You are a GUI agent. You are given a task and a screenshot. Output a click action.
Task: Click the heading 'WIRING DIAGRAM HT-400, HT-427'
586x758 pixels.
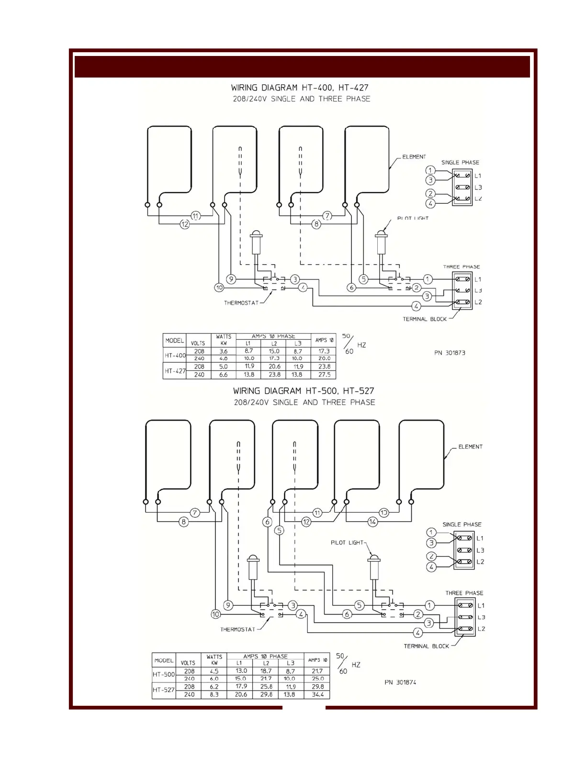click(x=300, y=88)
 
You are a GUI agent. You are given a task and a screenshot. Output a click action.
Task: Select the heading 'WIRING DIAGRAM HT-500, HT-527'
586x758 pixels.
click(x=304, y=391)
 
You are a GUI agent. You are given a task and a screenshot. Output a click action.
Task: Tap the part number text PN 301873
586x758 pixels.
click(x=450, y=353)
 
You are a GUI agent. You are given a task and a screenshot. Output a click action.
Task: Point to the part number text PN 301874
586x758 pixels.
click(x=400, y=682)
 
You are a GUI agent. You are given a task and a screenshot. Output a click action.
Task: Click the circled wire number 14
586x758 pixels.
click(x=372, y=522)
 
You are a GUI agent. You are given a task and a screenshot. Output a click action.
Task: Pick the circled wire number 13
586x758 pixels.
click(x=384, y=513)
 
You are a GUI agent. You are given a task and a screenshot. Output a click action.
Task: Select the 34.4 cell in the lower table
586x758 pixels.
click(x=317, y=694)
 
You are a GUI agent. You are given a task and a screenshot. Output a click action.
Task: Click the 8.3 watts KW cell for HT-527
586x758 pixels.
click(x=214, y=694)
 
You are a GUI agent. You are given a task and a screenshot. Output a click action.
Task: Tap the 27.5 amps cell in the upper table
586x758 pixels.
click(x=324, y=375)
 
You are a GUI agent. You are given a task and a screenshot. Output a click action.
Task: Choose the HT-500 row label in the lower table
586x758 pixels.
click(x=164, y=675)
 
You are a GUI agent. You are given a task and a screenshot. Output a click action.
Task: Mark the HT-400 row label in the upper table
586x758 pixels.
click(x=175, y=355)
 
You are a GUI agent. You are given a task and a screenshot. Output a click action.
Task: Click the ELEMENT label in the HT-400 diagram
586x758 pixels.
click(x=414, y=156)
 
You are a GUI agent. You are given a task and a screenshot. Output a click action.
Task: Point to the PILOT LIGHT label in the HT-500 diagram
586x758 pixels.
click(x=347, y=543)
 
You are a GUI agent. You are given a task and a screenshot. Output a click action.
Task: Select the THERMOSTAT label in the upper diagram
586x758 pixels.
click(x=241, y=303)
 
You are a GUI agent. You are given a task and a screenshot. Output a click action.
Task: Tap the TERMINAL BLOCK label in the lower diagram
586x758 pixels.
click(x=426, y=646)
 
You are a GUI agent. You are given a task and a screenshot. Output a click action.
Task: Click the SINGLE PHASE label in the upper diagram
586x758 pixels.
click(x=460, y=163)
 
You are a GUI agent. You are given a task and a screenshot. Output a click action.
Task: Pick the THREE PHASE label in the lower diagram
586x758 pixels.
click(x=464, y=593)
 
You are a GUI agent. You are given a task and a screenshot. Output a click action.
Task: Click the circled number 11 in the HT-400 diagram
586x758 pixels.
click(x=196, y=216)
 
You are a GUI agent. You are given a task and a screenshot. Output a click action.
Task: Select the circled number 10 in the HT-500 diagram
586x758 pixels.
click(x=215, y=614)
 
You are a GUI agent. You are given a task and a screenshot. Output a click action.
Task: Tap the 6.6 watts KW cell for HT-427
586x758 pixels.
click(x=223, y=375)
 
